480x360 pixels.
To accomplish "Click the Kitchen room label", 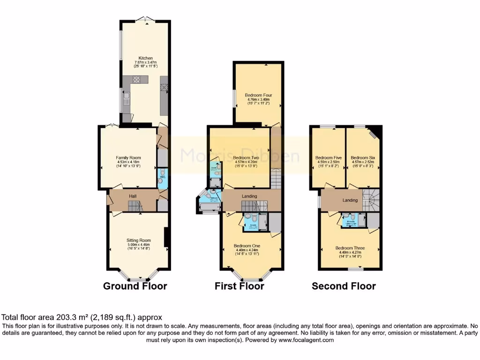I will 142,58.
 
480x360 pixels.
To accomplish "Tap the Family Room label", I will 128,157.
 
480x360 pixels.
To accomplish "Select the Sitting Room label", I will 138,240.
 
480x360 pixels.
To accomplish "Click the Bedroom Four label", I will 258,95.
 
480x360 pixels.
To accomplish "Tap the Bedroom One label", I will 247,246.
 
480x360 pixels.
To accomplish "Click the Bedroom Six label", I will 363,157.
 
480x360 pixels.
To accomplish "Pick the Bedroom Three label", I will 350,248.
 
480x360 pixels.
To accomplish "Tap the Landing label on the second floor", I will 350,200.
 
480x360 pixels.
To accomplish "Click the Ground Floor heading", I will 135,286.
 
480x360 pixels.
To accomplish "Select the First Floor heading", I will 239,286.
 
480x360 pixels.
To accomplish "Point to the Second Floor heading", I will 344,286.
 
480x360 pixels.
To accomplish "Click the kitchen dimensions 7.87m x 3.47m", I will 142,63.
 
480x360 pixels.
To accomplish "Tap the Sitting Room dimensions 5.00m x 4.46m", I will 138,245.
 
